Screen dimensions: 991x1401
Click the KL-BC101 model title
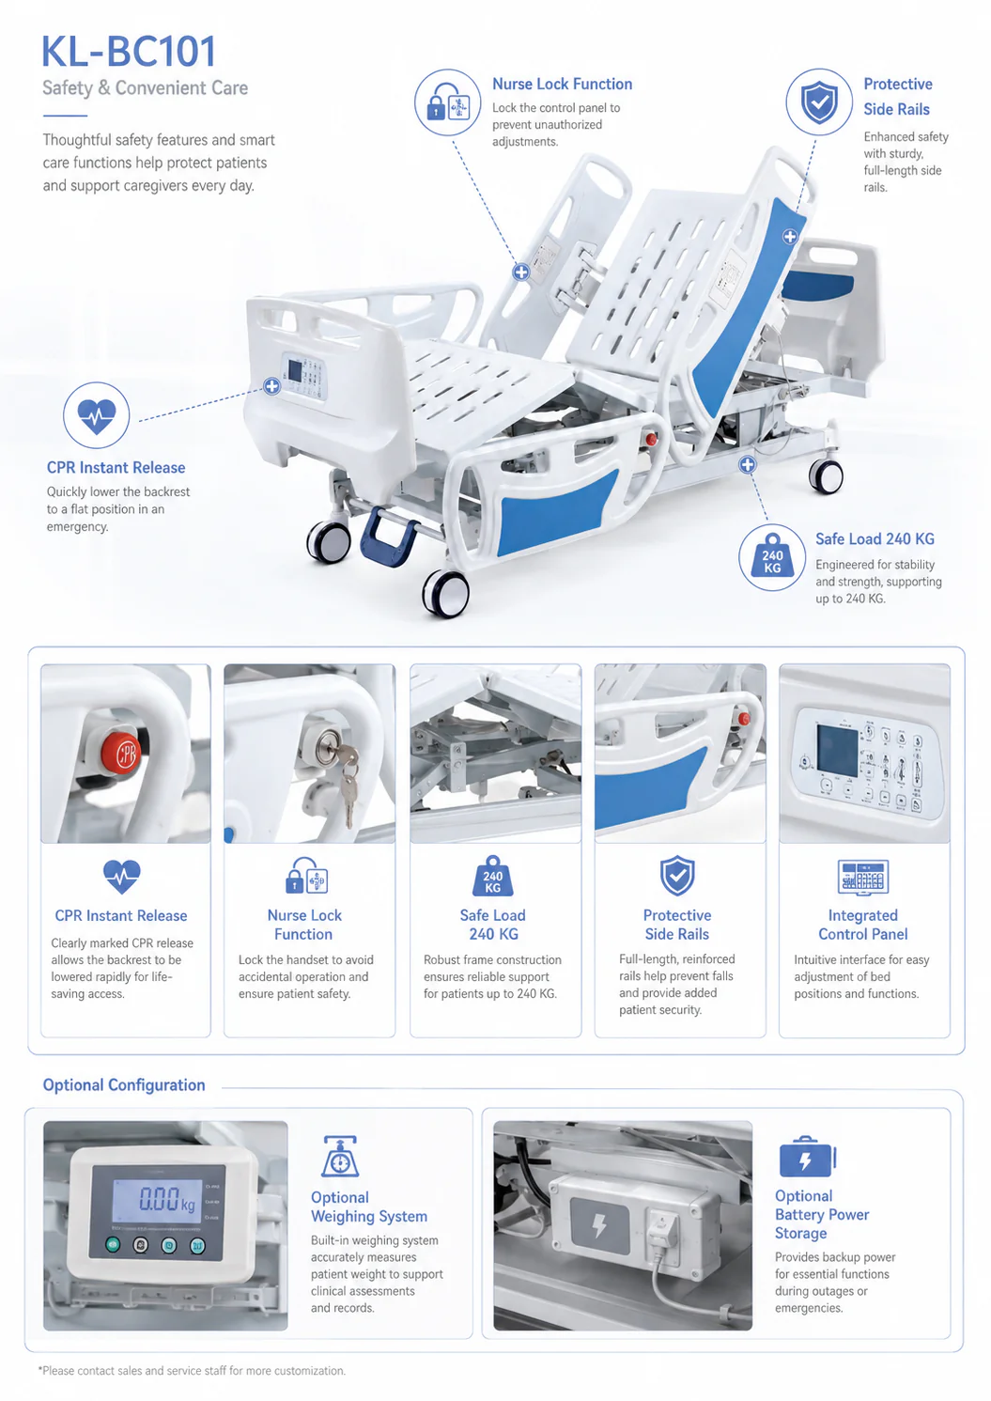[x=129, y=52]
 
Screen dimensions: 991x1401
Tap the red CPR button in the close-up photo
[x=121, y=753]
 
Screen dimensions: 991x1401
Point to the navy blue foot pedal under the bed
[x=388, y=537]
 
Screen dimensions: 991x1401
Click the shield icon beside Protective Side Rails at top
[x=819, y=102]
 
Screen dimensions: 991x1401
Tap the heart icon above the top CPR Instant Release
[x=97, y=415]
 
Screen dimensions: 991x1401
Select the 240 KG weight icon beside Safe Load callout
[x=772, y=557]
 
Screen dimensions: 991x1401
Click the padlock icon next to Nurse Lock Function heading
[x=448, y=101]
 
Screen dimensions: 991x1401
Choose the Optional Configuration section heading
[x=124, y=1085]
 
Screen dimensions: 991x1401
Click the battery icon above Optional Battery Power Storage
[x=807, y=1157]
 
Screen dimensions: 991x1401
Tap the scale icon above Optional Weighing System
[x=340, y=1156]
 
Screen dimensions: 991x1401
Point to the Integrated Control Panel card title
[x=863, y=925]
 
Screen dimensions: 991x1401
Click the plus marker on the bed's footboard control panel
[x=271, y=386]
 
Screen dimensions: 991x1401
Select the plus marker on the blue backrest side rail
[x=790, y=237]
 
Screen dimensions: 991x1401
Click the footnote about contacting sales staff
[x=192, y=1371]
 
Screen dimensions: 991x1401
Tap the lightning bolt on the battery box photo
[x=599, y=1226]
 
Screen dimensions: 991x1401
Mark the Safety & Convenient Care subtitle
[x=145, y=88]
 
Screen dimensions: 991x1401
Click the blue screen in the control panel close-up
[x=837, y=751]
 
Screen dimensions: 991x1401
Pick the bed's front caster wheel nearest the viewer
[x=446, y=592]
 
